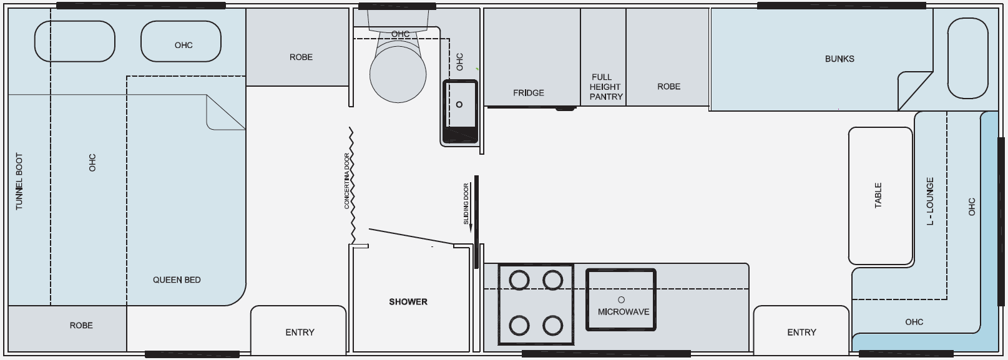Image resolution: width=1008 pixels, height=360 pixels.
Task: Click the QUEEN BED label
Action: pyautogui.click(x=177, y=280)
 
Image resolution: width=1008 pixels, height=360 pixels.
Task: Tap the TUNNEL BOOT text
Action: pyautogui.click(x=19, y=182)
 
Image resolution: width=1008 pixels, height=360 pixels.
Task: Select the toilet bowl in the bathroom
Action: pyautogui.click(x=398, y=74)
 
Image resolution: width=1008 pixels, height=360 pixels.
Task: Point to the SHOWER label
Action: pyautogui.click(x=408, y=302)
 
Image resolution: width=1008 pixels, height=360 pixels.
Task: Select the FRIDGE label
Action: pyautogui.click(x=529, y=93)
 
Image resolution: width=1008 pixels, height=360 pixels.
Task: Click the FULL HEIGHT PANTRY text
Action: pyautogui.click(x=605, y=87)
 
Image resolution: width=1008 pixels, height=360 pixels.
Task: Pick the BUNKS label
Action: pyautogui.click(x=839, y=59)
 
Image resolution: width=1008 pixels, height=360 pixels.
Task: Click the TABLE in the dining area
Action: pyautogui.click(x=881, y=196)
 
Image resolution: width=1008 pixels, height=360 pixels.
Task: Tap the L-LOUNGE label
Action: pyautogui.click(x=930, y=201)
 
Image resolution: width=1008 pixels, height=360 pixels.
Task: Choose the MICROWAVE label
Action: pyautogui.click(x=624, y=311)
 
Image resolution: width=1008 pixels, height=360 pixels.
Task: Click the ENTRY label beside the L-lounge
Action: pyautogui.click(x=801, y=333)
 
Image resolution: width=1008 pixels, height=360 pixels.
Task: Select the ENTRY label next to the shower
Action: pyautogui.click(x=300, y=333)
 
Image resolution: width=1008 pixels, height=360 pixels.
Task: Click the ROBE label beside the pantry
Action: pyautogui.click(x=668, y=86)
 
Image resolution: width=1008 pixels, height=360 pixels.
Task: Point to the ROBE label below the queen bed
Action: pyautogui.click(x=81, y=325)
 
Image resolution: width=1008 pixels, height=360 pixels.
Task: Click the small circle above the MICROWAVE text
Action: pyautogui.click(x=622, y=299)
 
